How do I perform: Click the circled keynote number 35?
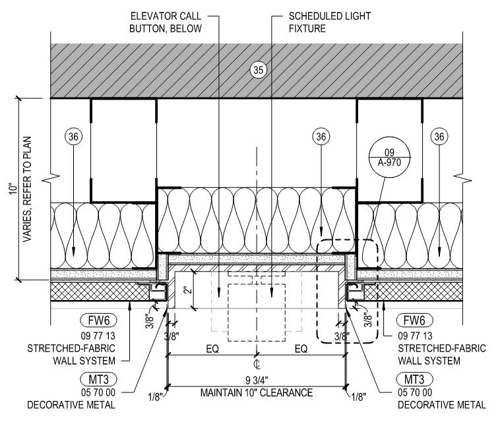(x=259, y=70)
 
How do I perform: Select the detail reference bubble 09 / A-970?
(x=389, y=158)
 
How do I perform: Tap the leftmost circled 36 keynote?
(x=73, y=136)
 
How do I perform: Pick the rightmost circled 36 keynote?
(x=439, y=136)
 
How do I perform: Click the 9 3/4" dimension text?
(x=257, y=380)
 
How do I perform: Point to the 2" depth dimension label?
(x=188, y=289)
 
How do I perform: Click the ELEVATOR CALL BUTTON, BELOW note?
(x=166, y=22)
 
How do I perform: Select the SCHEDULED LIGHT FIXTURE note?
(x=330, y=22)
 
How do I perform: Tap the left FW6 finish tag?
(x=98, y=320)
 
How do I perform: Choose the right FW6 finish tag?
(x=414, y=320)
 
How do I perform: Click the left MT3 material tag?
(x=98, y=379)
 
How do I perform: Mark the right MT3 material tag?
(x=414, y=379)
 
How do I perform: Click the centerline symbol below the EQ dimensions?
(x=257, y=364)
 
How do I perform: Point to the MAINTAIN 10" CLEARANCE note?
(x=257, y=393)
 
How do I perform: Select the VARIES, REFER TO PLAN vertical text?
(x=28, y=189)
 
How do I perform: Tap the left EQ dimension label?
(x=212, y=349)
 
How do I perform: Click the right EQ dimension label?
(x=301, y=349)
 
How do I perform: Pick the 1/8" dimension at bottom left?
(x=155, y=397)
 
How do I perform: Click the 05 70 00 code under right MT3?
(x=415, y=392)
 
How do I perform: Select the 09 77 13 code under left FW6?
(x=98, y=336)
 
